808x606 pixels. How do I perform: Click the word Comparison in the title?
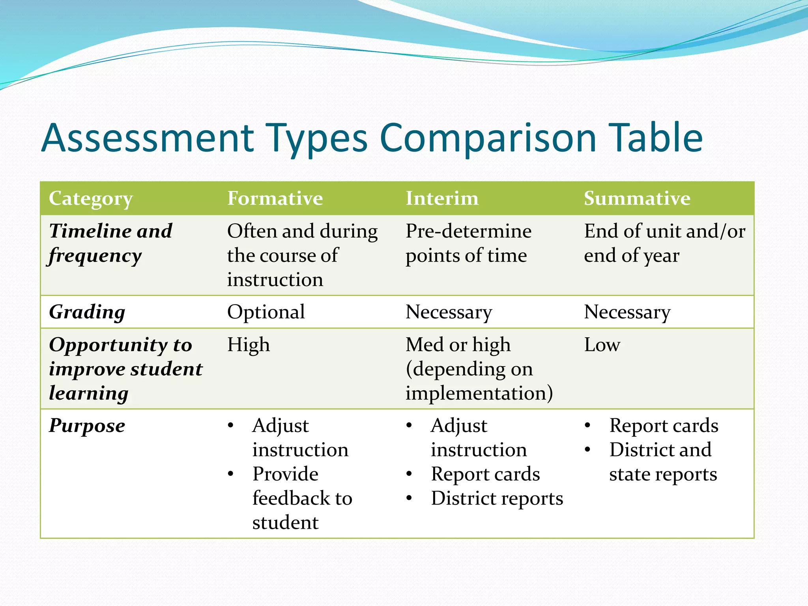[488, 138]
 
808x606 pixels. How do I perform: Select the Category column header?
[91, 198]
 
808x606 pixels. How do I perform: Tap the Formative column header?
[275, 198]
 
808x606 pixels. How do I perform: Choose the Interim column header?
[442, 198]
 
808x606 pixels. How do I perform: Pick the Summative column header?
[637, 198]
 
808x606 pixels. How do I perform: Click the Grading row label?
[87, 312]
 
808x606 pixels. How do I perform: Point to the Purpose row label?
[87, 426]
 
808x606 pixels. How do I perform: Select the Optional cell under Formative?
[266, 312]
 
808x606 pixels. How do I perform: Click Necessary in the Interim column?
[449, 312]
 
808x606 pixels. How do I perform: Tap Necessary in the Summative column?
[627, 312]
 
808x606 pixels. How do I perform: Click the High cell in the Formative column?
[249, 344]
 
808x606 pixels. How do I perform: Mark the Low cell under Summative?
[602, 344]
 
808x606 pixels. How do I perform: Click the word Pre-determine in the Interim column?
[469, 231]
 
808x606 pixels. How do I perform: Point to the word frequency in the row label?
[95, 256]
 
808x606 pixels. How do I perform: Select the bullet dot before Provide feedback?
[231, 474]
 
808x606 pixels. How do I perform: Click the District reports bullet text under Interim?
[497, 498]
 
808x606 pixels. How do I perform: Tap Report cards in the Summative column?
[664, 426]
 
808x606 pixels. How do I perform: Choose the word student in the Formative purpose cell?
[285, 523]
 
